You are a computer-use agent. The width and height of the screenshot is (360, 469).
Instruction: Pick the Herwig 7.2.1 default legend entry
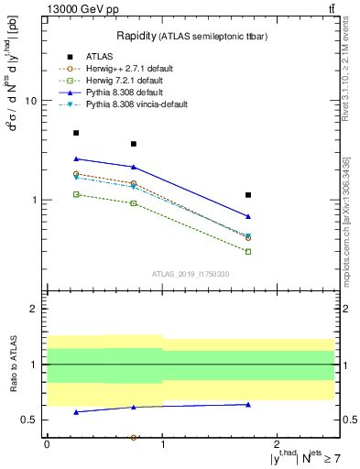click(x=120, y=82)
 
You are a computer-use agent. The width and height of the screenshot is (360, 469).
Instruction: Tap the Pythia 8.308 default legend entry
click(x=118, y=93)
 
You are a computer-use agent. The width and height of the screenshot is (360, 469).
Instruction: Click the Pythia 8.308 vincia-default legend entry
click(x=129, y=106)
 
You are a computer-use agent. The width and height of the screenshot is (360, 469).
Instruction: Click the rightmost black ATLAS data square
click(x=248, y=195)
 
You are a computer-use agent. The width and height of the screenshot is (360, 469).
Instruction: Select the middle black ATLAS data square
click(x=134, y=144)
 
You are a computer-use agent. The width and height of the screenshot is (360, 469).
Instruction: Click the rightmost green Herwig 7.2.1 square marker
click(x=248, y=251)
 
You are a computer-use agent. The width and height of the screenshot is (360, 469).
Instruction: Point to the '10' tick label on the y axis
click(x=28, y=101)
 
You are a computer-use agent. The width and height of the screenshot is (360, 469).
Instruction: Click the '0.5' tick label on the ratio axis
click(x=27, y=420)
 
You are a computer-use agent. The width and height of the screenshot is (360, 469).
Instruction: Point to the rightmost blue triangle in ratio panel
click(x=248, y=404)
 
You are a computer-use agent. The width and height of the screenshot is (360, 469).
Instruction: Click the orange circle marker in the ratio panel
click(x=134, y=438)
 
